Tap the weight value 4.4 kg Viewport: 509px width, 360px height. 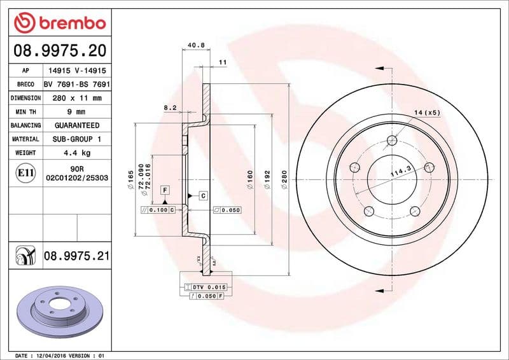76,153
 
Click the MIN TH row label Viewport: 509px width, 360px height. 25,112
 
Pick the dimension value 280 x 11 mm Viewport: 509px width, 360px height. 76,98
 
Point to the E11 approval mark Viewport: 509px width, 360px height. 25,172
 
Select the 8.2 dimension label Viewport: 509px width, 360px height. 170,108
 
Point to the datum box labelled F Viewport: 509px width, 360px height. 164,190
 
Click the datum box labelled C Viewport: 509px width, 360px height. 203,195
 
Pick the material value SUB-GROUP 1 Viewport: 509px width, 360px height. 76,139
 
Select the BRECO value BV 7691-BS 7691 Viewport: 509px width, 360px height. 76,84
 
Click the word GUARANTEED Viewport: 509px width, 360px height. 76,125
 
